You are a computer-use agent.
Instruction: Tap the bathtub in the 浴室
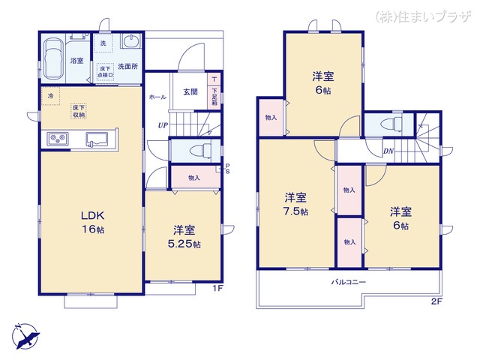52,59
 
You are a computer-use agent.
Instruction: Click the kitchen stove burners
58,139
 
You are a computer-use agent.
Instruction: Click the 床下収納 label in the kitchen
79,112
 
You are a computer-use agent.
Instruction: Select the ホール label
157,97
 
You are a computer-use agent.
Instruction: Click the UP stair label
162,125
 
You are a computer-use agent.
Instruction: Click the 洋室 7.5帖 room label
295,204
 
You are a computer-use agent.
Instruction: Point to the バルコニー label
349,283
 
